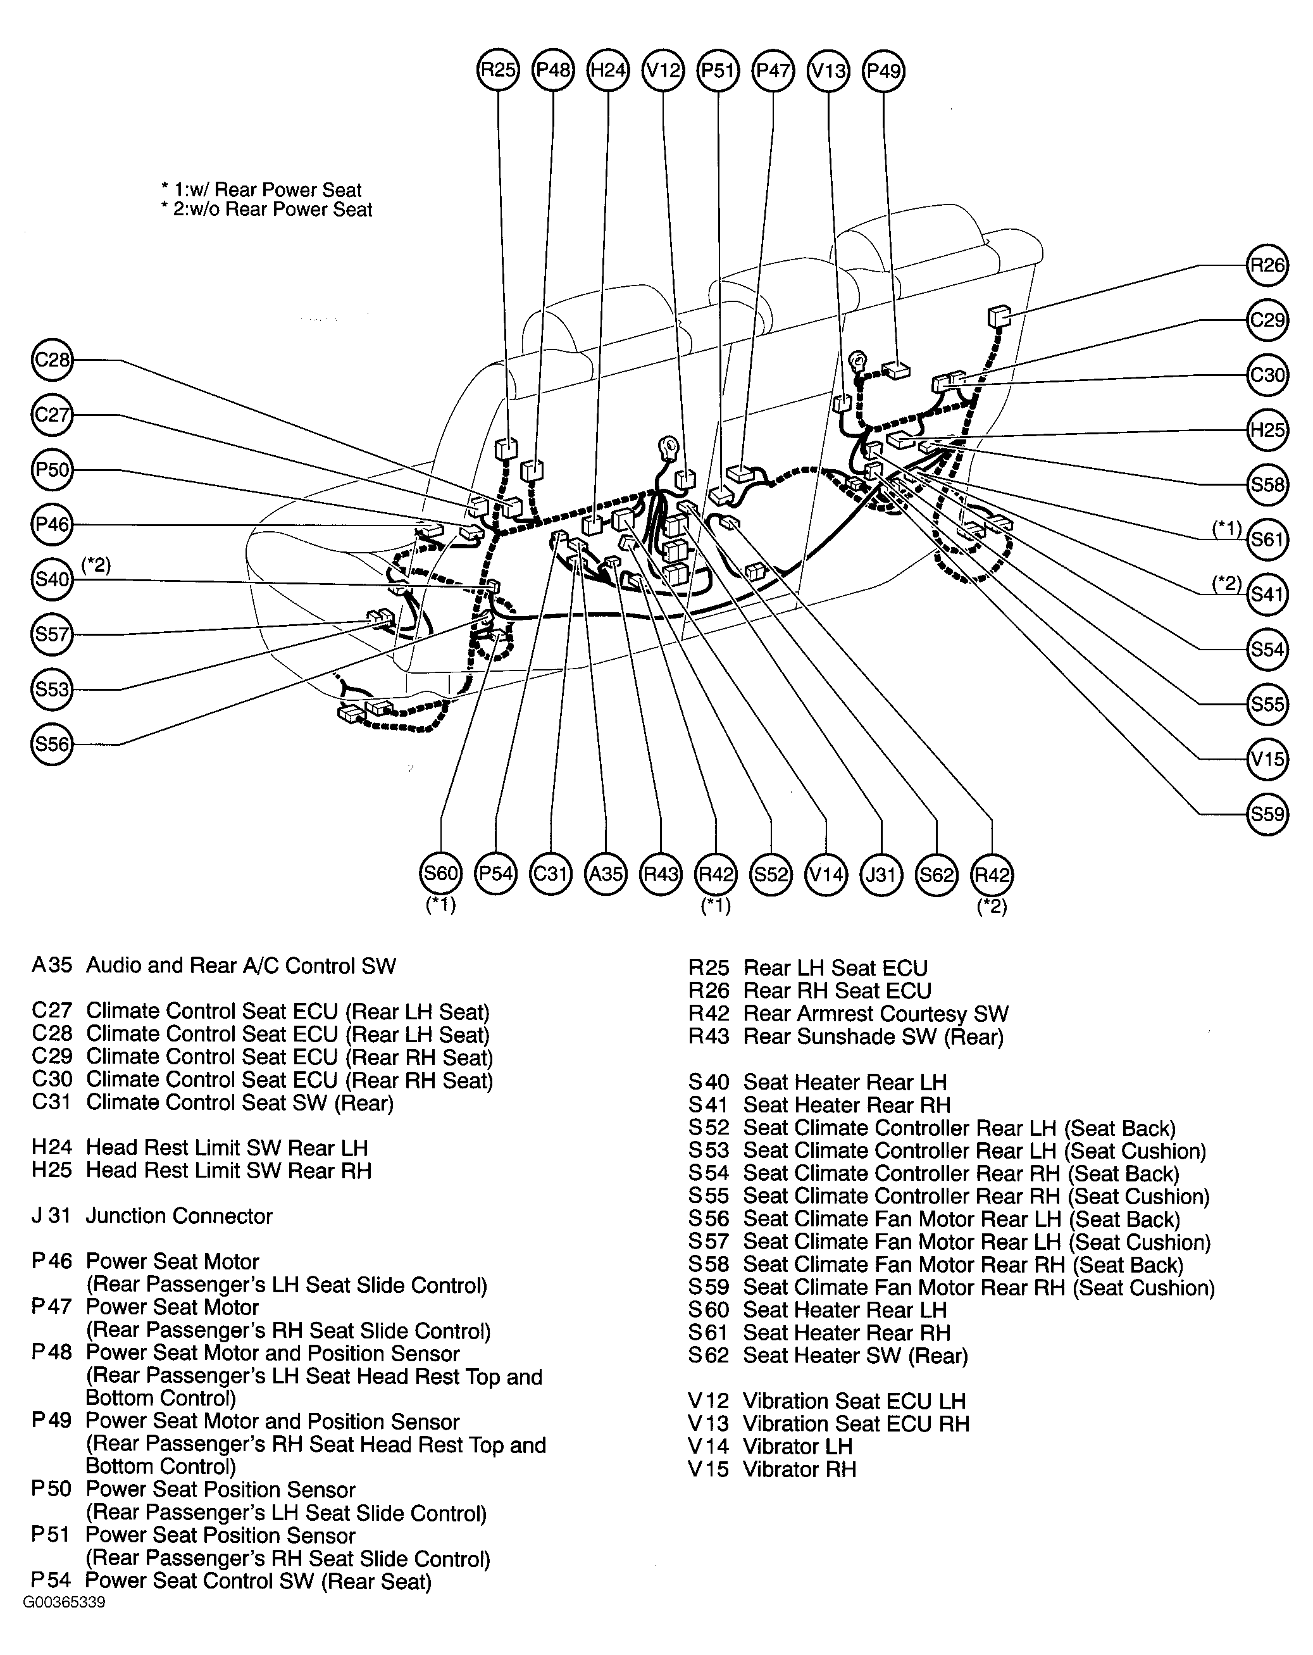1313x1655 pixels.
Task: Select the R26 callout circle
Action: point(1266,266)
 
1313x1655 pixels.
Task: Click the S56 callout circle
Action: point(52,744)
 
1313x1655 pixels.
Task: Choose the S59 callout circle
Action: point(1266,814)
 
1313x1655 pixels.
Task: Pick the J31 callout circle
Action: point(881,874)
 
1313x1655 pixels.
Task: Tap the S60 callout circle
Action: point(440,874)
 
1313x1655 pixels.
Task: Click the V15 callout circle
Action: point(1266,759)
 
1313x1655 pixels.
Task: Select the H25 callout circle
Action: point(1266,430)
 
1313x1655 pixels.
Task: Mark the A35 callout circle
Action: point(606,874)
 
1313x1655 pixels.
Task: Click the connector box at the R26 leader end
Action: point(999,315)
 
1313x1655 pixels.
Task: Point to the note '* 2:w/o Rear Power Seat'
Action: point(266,210)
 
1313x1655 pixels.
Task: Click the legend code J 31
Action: point(51,1216)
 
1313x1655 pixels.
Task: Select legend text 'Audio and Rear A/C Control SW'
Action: point(241,966)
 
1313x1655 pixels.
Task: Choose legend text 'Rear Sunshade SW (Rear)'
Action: point(873,1037)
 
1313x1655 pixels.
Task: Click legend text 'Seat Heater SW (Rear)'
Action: point(855,1356)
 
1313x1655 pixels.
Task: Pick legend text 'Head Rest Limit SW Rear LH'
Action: point(227,1148)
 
